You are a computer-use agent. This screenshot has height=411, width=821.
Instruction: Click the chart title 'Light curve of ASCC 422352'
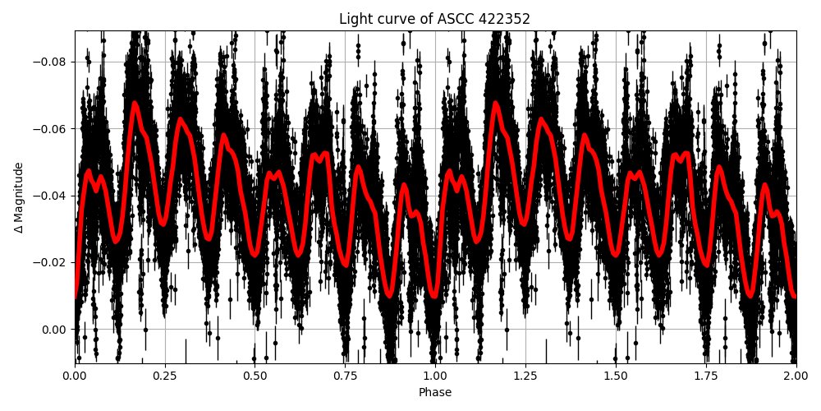coord(435,19)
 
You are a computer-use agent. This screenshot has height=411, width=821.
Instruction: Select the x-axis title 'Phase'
coord(435,393)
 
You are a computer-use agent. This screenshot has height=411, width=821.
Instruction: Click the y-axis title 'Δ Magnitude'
coord(19,197)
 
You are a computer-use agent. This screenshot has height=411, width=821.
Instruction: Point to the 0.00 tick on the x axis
coord(75,376)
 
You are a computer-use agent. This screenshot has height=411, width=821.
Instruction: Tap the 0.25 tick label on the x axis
coord(165,376)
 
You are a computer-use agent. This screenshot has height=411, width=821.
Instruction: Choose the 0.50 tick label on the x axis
coord(255,376)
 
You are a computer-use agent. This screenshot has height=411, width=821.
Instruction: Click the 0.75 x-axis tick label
coord(345,376)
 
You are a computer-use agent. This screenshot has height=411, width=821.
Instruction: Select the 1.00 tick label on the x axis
coord(435,376)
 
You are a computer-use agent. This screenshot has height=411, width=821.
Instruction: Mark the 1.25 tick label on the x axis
coord(525,376)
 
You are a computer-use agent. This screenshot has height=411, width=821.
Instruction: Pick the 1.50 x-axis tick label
coord(616,376)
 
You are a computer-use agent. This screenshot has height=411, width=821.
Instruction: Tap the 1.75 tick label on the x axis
coord(706,376)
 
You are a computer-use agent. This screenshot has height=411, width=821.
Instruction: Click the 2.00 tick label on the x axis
coord(796,376)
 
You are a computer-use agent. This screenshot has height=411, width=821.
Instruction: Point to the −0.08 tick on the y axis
coord(52,62)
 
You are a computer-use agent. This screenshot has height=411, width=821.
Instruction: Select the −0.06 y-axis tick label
coord(52,129)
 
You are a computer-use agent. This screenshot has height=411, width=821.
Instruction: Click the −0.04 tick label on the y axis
coord(52,196)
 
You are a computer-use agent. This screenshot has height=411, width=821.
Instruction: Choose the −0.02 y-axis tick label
coord(52,263)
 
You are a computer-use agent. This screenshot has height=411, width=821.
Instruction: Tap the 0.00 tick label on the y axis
coord(55,330)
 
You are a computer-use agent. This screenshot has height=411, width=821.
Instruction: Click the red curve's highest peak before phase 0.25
coord(135,103)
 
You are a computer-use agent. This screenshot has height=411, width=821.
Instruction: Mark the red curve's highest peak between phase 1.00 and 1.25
coord(495,103)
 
